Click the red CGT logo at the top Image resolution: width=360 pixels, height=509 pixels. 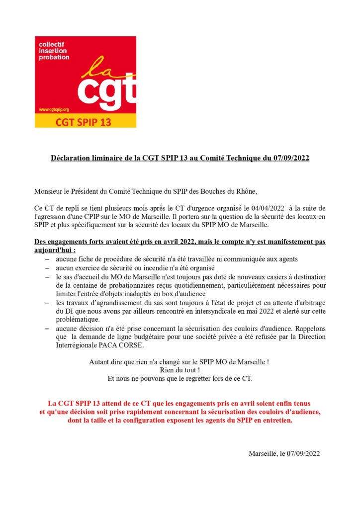[85, 75]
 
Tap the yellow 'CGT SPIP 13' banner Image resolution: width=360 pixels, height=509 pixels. [85, 121]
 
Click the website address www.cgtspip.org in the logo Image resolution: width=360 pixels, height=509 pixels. [54, 109]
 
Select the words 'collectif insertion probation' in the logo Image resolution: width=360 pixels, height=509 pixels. [54, 51]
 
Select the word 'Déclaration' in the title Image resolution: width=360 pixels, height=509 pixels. [72, 158]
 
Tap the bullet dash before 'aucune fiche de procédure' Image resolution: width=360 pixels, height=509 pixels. [47, 259]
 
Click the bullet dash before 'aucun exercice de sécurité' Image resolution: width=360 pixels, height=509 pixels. [47, 268]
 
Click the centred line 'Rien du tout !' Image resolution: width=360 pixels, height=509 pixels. [180, 370]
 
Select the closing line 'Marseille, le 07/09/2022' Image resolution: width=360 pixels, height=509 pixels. [284, 453]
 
